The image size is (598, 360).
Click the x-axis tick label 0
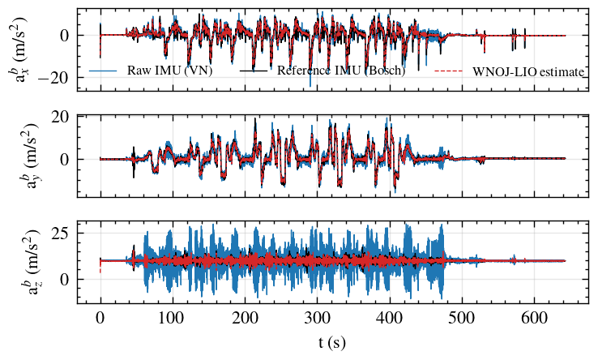100,318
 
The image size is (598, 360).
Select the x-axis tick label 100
173,318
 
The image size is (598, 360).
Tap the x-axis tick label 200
246,318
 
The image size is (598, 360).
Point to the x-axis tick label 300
318,318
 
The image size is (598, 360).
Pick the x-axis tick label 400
390,318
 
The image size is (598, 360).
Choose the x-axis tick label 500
462,318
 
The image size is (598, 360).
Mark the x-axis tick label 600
535,318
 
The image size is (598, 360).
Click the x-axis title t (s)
332,342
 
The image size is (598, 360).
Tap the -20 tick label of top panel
53,77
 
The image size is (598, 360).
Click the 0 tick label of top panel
65,36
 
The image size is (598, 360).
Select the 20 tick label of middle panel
60,117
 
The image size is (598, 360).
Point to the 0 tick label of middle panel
65,159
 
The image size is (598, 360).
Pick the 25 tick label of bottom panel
60,233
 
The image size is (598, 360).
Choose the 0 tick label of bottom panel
65,280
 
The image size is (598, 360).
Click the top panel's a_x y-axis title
17,49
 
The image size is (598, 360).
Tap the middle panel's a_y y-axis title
30,156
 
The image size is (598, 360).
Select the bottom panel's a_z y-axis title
30,262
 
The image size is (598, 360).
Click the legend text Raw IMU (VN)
169,71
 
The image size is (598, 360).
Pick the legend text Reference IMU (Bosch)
341,71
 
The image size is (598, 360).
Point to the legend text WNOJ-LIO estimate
528,72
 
